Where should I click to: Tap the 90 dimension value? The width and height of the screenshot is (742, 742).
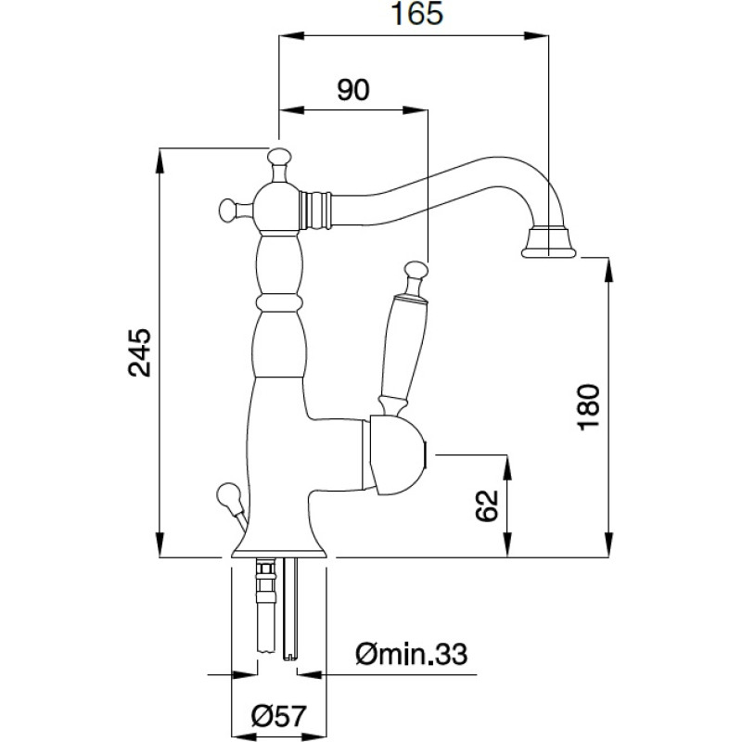click(x=353, y=89)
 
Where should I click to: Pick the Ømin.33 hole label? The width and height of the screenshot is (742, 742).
click(x=410, y=656)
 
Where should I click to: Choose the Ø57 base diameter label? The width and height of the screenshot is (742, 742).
click(x=278, y=716)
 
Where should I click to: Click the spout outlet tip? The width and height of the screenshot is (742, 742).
click(x=549, y=244)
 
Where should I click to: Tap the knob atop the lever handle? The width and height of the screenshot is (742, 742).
click(x=415, y=272)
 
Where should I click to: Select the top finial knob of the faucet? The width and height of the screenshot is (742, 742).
click(x=279, y=158)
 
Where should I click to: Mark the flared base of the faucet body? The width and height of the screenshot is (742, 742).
click(x=278, y=543)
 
